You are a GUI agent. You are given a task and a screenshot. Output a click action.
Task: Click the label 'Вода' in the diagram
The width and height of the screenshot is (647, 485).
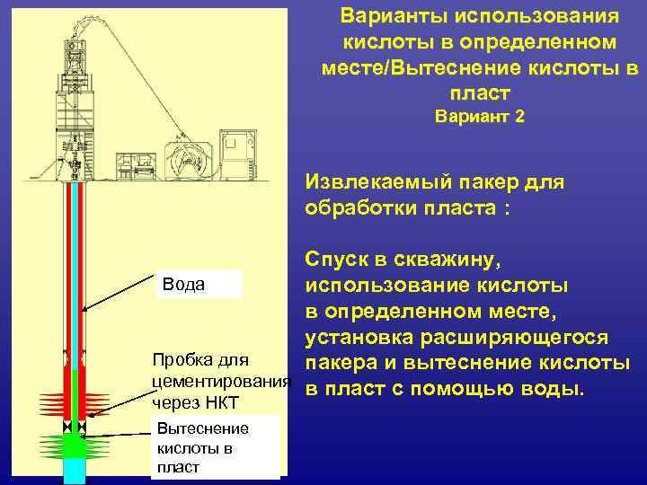coord(184,285)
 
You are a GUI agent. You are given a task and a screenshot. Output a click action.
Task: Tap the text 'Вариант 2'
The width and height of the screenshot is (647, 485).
coord(480,117)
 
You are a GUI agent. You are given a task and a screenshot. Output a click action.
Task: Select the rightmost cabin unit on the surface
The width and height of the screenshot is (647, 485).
coord(242,153)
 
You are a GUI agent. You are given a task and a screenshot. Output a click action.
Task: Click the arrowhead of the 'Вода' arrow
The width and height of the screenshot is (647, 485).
coord(84,311)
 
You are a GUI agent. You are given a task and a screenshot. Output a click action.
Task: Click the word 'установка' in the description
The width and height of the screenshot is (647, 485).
coord(354,338)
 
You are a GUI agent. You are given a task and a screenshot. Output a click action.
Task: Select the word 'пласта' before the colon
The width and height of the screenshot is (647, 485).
coord(463,208)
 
